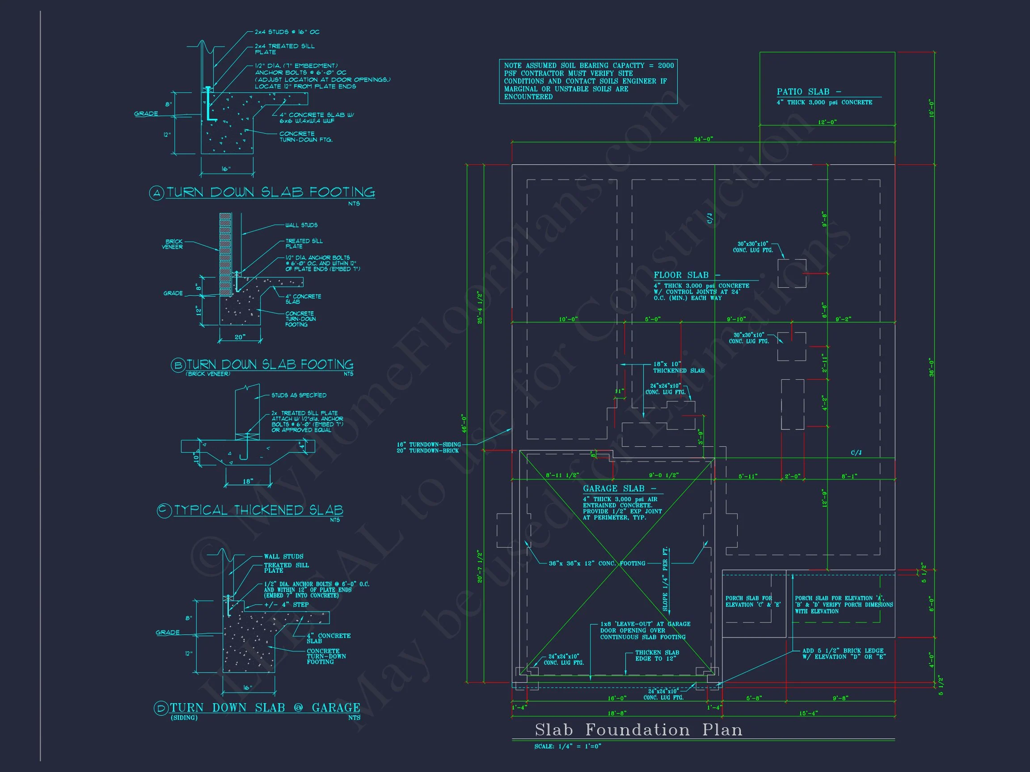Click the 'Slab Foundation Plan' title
click(638, 730)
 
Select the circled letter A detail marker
click(157, 193)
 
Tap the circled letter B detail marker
click(178, 365)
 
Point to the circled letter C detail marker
click(164, 511)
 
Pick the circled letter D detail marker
click(160, 708)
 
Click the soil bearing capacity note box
click(588, 81)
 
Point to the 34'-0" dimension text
click(703, 139)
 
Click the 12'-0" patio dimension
click(827, 122)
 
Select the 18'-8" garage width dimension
click(617, 713)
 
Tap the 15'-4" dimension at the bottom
click(808, 713)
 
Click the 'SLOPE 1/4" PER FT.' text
click(665, 579)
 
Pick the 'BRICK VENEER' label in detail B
click(173, 244)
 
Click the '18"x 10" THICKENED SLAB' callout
click(679, 368)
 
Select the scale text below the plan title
click(568, 747)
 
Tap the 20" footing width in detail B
click(240, 337)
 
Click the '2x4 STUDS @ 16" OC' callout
click(287, 32)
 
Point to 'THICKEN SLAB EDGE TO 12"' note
click(657, 656)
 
